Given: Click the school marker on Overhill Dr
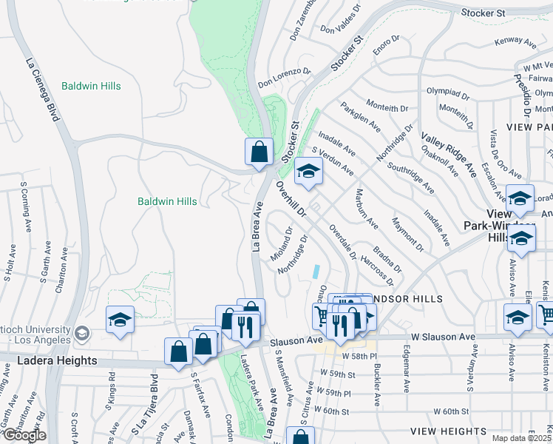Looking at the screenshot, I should [x=308, y=172].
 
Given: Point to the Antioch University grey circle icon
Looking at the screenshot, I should [x=81, y=333].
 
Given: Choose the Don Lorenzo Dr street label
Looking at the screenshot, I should [x=284, y=78].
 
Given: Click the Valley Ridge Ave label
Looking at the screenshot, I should [x=449, y=154].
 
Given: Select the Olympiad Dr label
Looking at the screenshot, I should [x=449, y=92].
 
